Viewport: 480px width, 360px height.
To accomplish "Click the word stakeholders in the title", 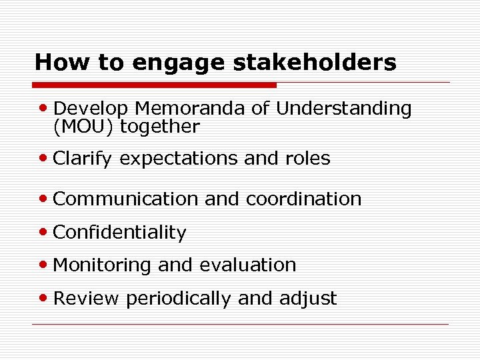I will coord(315,62).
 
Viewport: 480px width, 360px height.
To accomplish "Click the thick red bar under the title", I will coord(154,85).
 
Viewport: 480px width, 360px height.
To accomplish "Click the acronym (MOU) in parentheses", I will coord(82,127).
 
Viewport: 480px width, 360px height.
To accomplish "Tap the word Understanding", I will coord(344,109).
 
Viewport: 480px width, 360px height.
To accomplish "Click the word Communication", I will coord(125,199).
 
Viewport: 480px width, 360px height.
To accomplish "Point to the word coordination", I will coord(304,199).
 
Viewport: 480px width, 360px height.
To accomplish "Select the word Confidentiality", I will coord(119,233).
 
